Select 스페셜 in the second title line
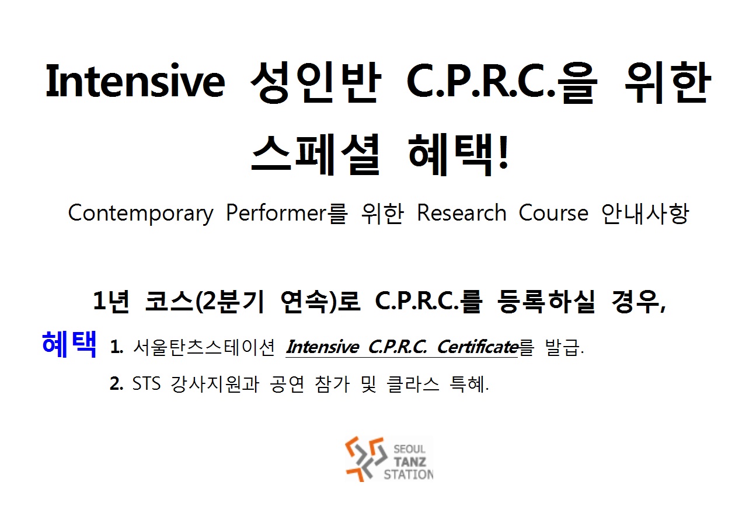pos(315,155)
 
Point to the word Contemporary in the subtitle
pos(141,213)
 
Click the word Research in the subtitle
pos(461,213)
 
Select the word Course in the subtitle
pos(553,213)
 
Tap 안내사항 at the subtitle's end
pos(645,213)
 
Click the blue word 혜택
pos(69,344)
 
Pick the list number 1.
pos(116,347)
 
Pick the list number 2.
pos(116,383)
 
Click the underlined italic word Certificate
pos(478,347)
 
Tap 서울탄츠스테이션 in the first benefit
pos(204,347)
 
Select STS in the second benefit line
pos(146,383)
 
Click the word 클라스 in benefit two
pos(413,383)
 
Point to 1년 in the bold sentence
pos(111,302)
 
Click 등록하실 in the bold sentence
pos(546,302)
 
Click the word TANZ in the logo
pos(410,462)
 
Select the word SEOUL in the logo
pos(409,449)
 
